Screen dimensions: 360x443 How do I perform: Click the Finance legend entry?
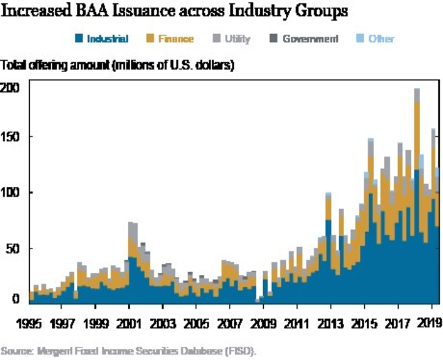170,39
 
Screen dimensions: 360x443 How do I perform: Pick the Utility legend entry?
231,39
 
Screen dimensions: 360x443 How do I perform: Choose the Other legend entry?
374,39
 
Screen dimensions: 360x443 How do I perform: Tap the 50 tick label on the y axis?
15,248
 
